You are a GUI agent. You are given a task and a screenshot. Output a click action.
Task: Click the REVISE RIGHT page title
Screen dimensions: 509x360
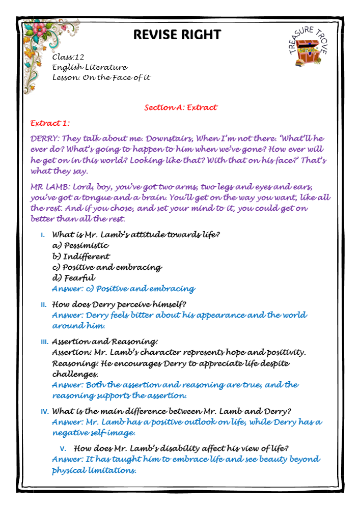pyautogui.click(x=177, y=34)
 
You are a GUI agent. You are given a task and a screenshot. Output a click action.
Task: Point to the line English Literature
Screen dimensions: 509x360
pyautogui.click(x=90, y=67)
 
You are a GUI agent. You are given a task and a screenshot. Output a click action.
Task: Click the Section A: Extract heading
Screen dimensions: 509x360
pyautogui.click(x=180, y=107)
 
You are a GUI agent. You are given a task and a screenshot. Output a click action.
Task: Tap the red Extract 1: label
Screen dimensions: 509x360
pyautogui.click(x=50, y=123)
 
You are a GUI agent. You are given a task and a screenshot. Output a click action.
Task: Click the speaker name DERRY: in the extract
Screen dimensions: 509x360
pyautogui.click(x=45, y=138)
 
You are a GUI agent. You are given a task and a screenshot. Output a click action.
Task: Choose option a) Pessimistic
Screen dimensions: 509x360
pyautogui.click(x=80, y=245)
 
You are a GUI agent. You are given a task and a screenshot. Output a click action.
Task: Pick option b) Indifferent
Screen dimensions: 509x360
pyautogui.click(x=81, y=257)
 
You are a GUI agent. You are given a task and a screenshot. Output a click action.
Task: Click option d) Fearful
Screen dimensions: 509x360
pyautogui.click(x=73, y=278)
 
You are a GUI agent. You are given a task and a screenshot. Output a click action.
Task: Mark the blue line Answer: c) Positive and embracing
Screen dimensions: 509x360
pyautogui.click(x=123, y=289)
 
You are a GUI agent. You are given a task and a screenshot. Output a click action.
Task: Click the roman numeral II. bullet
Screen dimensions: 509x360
pyautogui.click(x=43, y=305)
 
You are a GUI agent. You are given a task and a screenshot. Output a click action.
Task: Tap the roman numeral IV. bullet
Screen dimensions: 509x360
pyautogui.click(x=44, y=411)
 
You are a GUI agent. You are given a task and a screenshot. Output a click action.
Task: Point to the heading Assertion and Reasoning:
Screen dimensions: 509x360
pyautogui.click(x=105, y=342)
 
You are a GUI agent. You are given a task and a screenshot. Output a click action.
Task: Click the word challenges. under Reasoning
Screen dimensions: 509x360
pyautogui.click(x=75, y=374)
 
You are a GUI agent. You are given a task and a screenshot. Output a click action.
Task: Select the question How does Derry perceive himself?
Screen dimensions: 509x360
pyautogui.click(x=119, y=304)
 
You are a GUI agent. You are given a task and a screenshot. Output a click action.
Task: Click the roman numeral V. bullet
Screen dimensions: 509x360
pyautogui.click(x=63, y=448)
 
